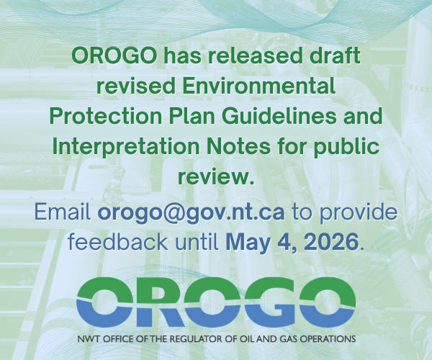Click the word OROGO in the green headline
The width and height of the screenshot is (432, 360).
114,55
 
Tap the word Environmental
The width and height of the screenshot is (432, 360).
258,86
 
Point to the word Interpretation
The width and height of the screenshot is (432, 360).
125,146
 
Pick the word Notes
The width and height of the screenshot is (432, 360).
238,146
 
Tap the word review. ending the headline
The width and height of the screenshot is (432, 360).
216,178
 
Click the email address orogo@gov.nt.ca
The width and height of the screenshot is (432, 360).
191,213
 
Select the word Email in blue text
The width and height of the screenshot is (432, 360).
63,212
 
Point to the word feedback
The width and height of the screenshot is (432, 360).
118,241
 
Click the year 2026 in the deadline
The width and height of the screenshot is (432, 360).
331,241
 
